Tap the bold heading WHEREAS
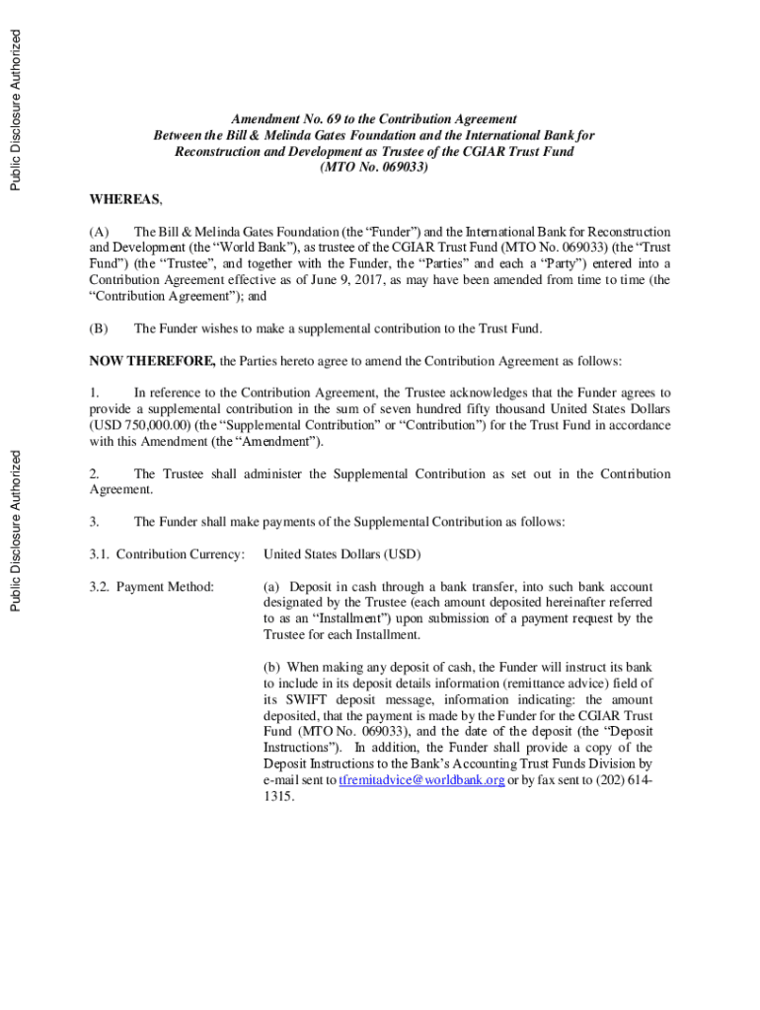tap(125, 200)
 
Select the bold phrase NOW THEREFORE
tap(152, 361)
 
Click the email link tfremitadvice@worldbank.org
tap(421, 779)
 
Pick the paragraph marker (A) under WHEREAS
tap(99, 233)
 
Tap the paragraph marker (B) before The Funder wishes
tap(99, 328)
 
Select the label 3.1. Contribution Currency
tap(167, 554)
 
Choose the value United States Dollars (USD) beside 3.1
tap(342, 554)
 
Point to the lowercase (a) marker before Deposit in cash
tap(271, 587)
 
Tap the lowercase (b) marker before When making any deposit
tap(271, 668)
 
